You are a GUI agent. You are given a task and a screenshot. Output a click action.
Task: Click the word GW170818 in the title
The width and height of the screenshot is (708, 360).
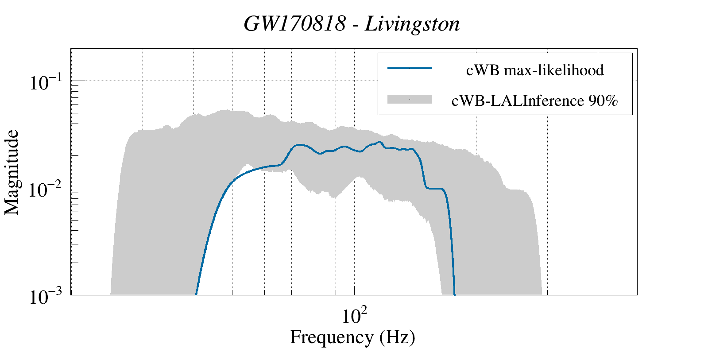pos(294,24)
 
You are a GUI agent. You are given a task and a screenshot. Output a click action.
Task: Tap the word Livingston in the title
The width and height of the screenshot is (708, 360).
pos(412,24)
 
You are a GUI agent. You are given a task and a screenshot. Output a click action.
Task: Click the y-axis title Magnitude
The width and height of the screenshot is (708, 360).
pos(12,172)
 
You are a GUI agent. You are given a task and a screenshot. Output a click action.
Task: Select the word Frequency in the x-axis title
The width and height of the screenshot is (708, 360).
pos(331,337)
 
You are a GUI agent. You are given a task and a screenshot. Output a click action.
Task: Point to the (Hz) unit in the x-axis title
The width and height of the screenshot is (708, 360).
pos(397,337)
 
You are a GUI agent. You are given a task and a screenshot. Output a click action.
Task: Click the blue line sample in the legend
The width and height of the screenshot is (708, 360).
pos(410,68)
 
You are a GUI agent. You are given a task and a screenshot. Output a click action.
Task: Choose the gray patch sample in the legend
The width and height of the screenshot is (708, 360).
pos(410,100)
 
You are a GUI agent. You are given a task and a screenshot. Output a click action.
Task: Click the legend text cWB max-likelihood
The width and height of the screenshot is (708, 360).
pos(535,70)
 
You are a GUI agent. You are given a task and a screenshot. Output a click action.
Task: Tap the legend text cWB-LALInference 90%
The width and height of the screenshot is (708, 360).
pos(534,101)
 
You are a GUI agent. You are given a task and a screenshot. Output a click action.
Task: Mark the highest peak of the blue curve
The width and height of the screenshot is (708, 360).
pos(379,142)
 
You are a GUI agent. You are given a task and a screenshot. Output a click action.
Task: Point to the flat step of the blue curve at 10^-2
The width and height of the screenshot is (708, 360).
pos(434,189)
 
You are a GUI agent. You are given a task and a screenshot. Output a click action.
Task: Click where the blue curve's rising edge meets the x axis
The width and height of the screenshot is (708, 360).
pos(196,294)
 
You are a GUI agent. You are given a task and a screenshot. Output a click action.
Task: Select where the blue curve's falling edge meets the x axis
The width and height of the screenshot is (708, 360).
pos(455,294)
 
